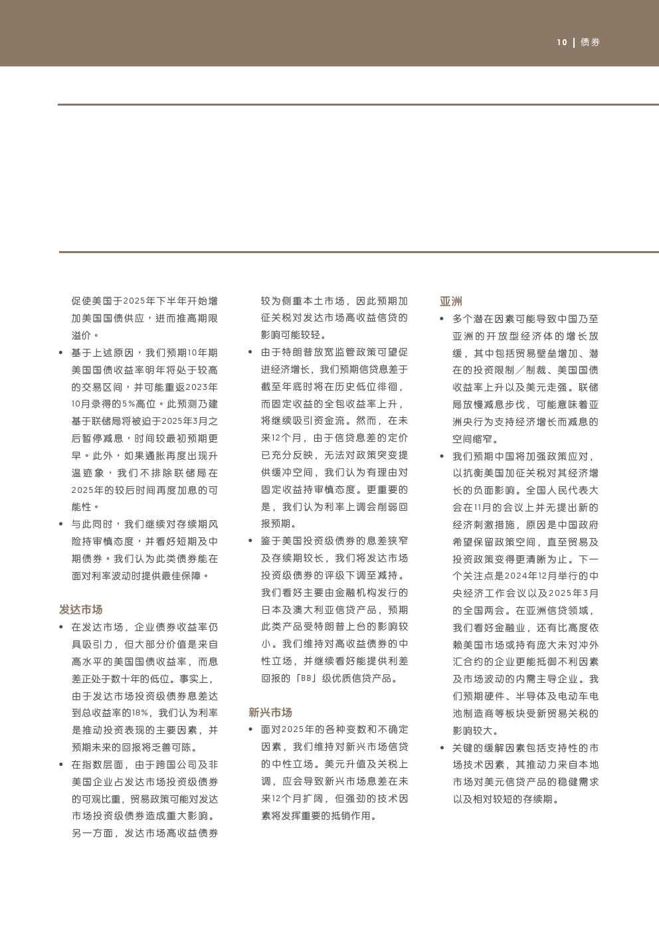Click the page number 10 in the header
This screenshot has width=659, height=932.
tap(562, 43)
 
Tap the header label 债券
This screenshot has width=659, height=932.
tap(590, 43)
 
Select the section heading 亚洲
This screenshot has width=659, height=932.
tap(450, 302)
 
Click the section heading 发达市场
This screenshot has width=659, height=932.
tap(80, 610)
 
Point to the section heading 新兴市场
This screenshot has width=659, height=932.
tap(270, 713)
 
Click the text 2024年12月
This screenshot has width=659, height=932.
tap(535, 576)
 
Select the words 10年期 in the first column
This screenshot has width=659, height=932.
tap(202, 353)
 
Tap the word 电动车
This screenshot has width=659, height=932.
tap(576, 696)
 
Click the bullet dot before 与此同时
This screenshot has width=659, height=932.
tap(61, 524)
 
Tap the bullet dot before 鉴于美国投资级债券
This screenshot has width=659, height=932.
tap(250, 541)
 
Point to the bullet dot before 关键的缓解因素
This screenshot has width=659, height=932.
tap(442, 748)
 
